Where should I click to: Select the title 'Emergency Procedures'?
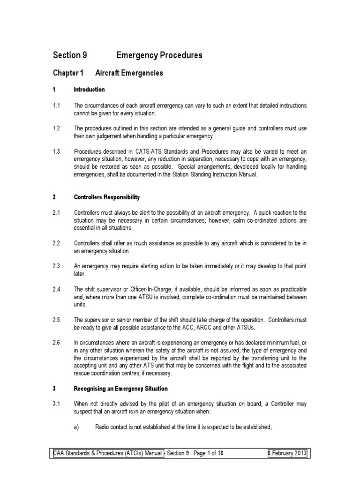click(159, 55)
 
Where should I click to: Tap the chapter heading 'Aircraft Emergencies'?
click(129, 73)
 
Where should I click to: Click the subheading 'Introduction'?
click(90, 90)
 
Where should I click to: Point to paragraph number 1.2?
click(57, 128)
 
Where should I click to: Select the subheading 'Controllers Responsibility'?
click(106, 197)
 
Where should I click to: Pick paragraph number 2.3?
click(57, 266)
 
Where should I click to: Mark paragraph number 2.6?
click(57, 343)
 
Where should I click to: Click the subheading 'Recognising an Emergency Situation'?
click(121, 389)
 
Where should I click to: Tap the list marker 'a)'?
click(77, 427)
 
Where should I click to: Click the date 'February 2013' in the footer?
click(287, 454)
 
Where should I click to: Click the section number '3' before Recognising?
click(54, 389)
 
